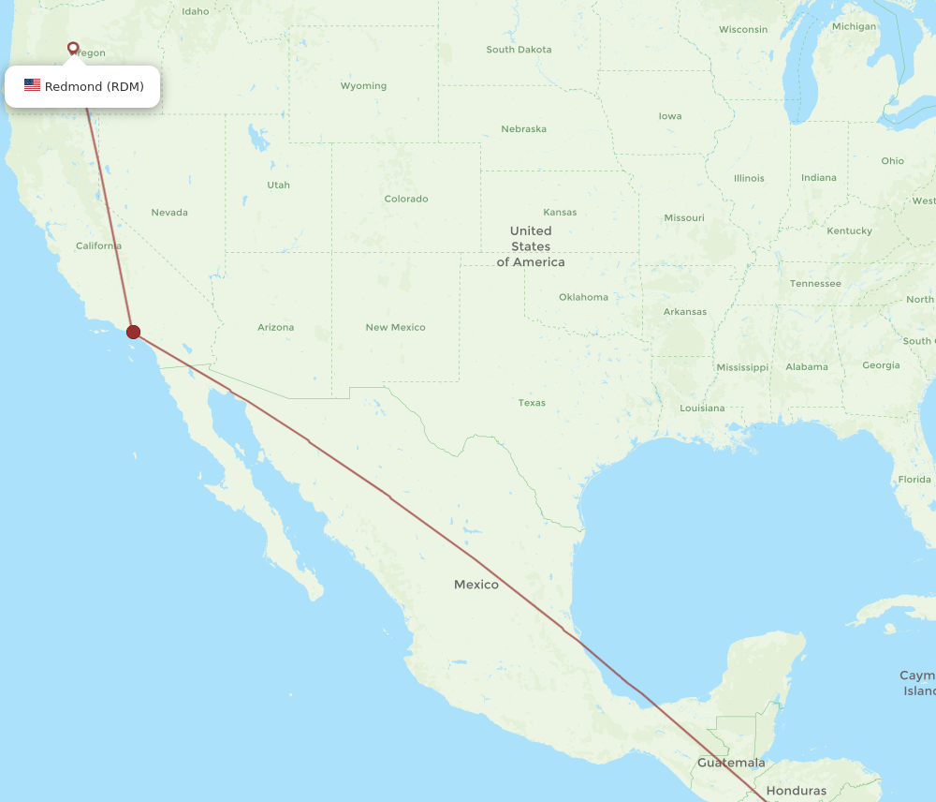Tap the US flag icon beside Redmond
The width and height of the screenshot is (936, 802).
coord(33,85)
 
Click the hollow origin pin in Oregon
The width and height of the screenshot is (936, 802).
coord(73,47)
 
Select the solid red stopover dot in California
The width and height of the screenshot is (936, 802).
coord(134,332)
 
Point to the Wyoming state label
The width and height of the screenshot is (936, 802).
coord(363,86)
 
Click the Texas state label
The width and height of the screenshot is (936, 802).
coord(532,403)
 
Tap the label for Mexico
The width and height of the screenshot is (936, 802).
coord(476,585)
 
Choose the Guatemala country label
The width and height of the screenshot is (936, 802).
coord(731,763)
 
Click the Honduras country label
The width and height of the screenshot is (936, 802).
coord(796,791)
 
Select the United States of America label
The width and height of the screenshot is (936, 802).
coord(531,246)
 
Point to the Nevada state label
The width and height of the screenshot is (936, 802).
coord(169,213)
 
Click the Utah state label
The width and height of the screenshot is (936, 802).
coord(278,186)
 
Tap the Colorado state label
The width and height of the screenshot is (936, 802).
coord(406,199)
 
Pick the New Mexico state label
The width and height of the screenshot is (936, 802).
coord(395,327)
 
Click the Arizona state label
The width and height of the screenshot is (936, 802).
coord(275,327)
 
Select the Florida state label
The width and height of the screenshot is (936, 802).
coord(914,479)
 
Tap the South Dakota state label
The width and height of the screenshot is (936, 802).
coord(519,50)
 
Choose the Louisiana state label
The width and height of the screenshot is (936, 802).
coord(702,408)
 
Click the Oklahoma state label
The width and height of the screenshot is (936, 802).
coord(583,297)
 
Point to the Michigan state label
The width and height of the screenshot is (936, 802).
coord(854,26)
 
